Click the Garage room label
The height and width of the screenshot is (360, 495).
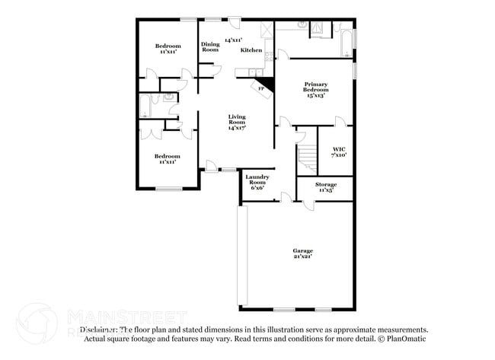coord(303,250)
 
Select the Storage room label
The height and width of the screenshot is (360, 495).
coord(325,184)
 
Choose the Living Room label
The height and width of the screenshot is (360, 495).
coord(237,119)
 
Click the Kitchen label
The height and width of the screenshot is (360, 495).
coord(251,50)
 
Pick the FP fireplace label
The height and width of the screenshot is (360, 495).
coord(261,89)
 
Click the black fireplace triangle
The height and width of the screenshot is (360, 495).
coord(266,82)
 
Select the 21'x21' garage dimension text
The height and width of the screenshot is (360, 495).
coord(303,256)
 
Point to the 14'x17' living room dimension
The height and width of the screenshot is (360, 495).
coord(237,129)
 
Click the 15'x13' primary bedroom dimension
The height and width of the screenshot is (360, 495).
coord(315,96)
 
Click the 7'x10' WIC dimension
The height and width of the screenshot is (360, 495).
coord(339,155)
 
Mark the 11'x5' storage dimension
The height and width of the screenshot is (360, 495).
coord(325,190)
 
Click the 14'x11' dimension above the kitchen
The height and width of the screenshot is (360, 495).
coord(232,40)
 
